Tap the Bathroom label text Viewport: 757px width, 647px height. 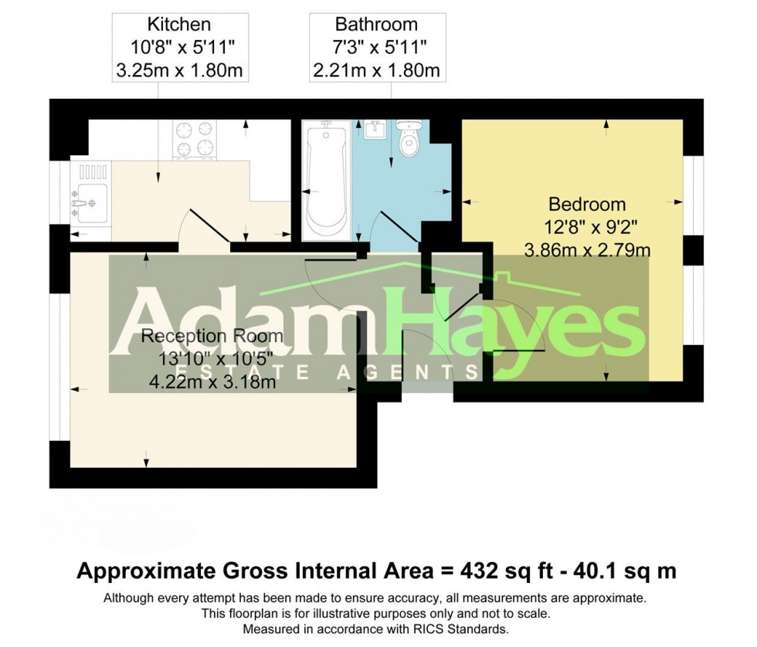tap(376, 25)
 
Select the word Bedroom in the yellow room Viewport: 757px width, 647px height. tap(587, 205)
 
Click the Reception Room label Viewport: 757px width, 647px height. tap(212, 337)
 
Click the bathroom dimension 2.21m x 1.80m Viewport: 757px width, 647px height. tap(376, 72)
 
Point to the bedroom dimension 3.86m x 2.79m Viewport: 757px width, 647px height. tap(587, 250)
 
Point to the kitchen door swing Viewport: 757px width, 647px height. tap(202, 227)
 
